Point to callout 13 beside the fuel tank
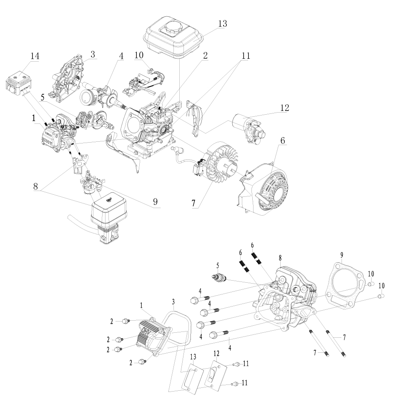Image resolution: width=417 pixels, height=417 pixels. (x=222, y=24)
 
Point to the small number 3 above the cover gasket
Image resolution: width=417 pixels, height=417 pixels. (x=173, y=301)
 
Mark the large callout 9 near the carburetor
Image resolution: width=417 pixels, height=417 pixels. (x=155, y=202)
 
